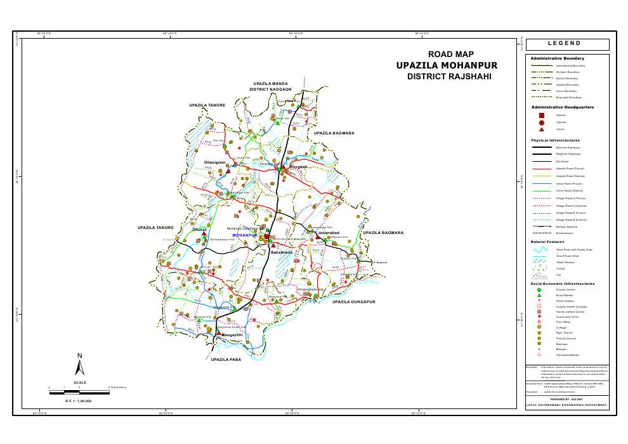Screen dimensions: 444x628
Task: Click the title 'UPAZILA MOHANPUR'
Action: (447, 65)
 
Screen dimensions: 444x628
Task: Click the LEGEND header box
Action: (567, 44)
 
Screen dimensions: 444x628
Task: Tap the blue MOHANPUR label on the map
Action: (244, 235)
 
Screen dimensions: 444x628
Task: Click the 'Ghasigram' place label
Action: (214, 163)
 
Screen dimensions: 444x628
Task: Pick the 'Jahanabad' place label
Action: (329, 233)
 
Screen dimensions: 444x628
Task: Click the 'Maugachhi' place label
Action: (232, 334)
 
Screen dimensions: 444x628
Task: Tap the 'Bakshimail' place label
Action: (281, 252)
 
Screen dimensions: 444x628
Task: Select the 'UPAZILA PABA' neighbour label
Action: (227, 360)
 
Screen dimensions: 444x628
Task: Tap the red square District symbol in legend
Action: (541, 115)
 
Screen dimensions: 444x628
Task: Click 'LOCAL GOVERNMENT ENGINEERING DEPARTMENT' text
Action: (566, 405)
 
